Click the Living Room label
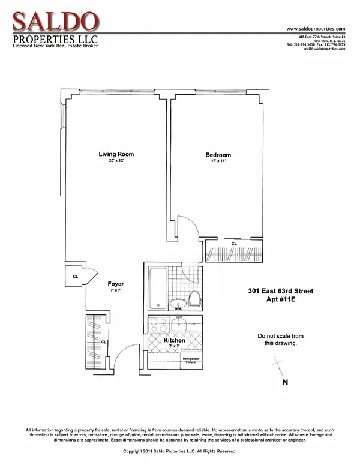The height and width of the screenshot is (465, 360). click(x=116, y=154)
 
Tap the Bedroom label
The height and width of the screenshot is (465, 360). click(x=217, y=155)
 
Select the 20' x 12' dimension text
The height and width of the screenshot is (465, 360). click(x=116, y=161)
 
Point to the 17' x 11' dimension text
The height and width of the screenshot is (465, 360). click(x=217, y=162)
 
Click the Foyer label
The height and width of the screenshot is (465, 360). click(x=116, y=284)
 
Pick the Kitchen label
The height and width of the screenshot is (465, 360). click(x=175, y=340)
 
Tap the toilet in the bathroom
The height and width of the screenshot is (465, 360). click(x=194, y=298)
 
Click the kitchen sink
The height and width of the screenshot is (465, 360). click(x=180, y=325)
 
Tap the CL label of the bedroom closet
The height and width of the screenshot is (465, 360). click(x=234, y=244)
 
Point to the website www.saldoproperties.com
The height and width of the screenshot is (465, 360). click(x=316, y=29)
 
